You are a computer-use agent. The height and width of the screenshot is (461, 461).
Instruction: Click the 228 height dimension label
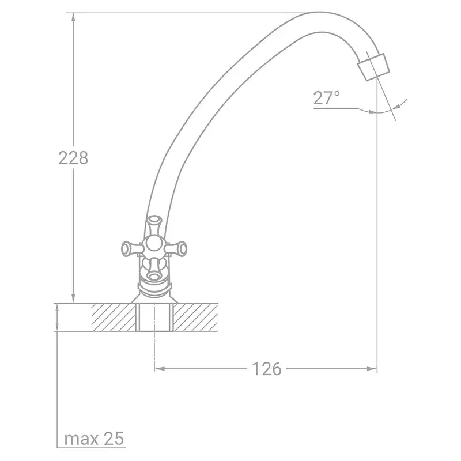click(x=73, y=158)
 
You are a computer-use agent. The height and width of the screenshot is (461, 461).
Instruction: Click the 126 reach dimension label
click(x=267, y=369)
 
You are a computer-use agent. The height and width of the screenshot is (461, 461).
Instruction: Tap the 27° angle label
click(x=326, y=98)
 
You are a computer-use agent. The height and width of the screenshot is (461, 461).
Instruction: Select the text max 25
click(x=94, y=439)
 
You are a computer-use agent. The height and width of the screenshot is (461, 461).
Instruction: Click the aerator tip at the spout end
click(x=373, y=67)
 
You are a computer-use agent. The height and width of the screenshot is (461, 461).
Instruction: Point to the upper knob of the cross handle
click(x=154, y=224)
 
